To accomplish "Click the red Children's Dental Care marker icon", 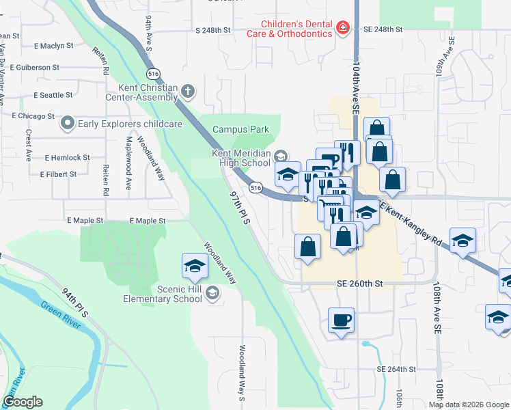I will (x=343, y=28).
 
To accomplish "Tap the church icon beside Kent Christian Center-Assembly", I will (x=189, y=91).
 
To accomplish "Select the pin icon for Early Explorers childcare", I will (x=67, y=124).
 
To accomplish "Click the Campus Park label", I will (x=240, y=129).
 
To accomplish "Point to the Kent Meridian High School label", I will (x=240, y=159).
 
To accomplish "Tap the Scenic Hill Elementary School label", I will (x=163, y=294).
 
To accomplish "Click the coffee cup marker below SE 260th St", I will (x=341, y=320).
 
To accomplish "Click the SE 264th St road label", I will (x=396, y=370).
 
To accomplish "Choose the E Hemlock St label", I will (x=67, y=158).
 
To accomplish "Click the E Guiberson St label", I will (x=33, y=68).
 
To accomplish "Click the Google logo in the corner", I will (x=23, y=402).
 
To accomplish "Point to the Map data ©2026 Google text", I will (x=469, y=405).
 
